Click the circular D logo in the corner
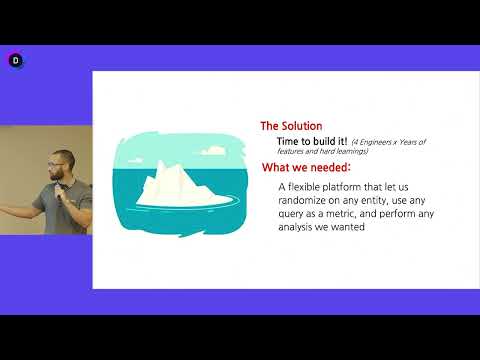[15, 60]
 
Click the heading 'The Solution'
[291, 126]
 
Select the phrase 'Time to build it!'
[311, 142]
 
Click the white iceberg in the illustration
[170, 184]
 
